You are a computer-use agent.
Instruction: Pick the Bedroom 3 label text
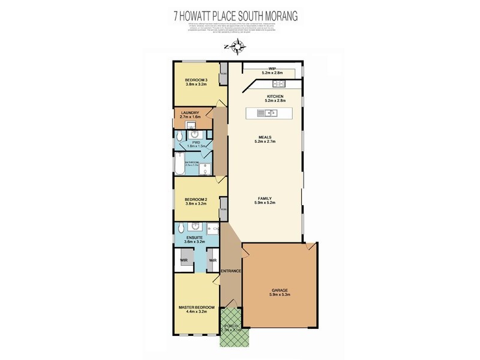(x=196, y=80)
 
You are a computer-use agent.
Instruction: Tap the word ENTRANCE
(x=231, y=272)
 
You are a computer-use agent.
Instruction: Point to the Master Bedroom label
(x=196, y=308)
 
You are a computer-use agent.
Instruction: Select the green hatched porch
(x=230, y=328)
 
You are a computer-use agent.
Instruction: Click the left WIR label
(x=184, y=260)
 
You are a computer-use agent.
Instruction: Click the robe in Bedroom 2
(x=223, y=209)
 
